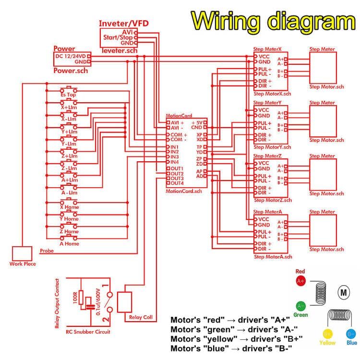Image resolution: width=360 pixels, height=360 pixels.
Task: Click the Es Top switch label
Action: click(68, 95)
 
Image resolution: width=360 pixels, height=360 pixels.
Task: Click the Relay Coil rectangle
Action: click(127, 302)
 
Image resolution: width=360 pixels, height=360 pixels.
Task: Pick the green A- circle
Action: click(301, 305)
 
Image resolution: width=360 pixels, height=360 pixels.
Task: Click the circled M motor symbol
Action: click(343, 291)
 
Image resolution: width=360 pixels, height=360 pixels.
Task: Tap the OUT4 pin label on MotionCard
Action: click(177, 183)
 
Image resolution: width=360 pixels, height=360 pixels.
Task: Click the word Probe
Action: click(47, 251)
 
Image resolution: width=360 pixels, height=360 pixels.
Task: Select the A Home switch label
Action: click(69, 243)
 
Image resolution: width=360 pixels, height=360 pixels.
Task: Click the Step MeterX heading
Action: click(268, 49)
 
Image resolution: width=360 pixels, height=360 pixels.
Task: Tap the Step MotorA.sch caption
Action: click(272, 257)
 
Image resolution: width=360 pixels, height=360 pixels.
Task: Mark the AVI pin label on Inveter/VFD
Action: click(127, 31)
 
